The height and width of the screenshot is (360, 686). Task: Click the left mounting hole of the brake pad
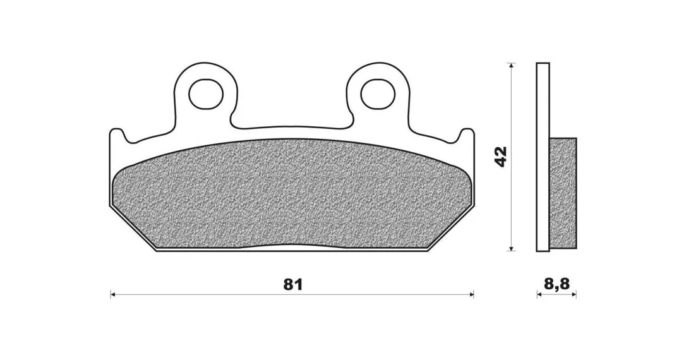pos(206,93)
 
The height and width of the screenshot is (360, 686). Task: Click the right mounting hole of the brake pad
pos(378,93)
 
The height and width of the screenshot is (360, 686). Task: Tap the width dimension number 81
pos(292,284)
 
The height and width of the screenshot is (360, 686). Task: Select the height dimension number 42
pos(500,157)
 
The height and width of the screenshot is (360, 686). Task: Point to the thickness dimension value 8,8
pos(557,284)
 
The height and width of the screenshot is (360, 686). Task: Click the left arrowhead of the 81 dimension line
pos(112,295)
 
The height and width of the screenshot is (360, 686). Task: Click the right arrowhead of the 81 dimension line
pos(471,295)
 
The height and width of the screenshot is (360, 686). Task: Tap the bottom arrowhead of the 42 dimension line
pos(510,248)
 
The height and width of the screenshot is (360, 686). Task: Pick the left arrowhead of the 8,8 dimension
pos(539,295)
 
